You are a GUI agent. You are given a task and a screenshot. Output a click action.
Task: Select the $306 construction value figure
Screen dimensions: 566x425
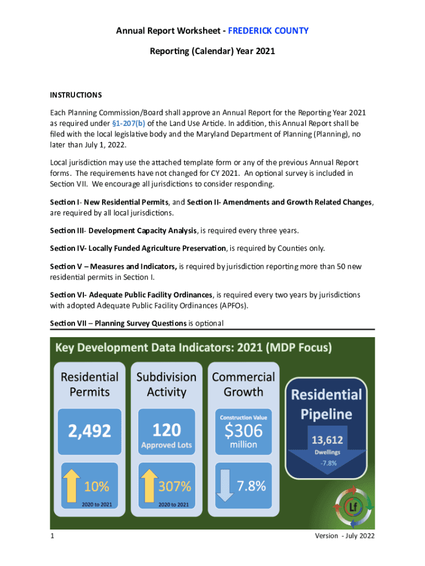[x=243, y=430]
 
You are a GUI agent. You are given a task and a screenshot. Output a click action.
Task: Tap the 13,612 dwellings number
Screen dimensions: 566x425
[x=327, y=441]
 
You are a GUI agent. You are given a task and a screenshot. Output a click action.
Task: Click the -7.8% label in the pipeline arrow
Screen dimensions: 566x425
[x=328, y=463]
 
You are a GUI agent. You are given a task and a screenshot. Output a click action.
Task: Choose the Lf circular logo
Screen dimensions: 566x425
[x=354, y=506]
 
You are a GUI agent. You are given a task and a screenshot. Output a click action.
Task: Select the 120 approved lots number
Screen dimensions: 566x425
[x=166, y=429]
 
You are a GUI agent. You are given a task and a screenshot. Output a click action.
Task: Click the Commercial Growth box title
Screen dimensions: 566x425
[x=243, y=384]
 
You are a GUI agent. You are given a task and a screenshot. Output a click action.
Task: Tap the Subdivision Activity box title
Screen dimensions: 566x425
[x=166, y=384]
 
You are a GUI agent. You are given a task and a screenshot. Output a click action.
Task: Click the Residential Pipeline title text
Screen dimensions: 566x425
[x=326, y=403]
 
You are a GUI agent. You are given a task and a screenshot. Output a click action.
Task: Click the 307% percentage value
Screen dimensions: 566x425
[x=175, y=486]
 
